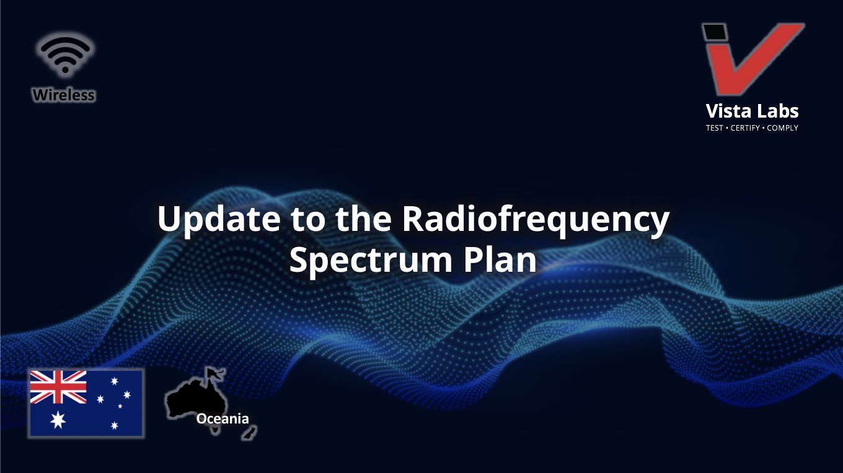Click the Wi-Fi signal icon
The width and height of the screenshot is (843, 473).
coord(66,54)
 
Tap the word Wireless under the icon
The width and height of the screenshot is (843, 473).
coord(64,95)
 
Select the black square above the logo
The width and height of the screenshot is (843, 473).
coord(715,32)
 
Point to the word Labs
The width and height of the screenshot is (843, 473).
coord(777,111)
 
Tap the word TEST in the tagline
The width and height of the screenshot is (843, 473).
coord(714,128)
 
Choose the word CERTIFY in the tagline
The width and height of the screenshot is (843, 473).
coord(745,128)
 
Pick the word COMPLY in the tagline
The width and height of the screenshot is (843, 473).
coord(782,128)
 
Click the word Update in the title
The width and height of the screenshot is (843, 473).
coord(219,220)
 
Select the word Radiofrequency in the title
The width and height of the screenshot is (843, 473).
coord(536,220)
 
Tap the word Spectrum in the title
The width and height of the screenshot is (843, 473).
coord(371,261)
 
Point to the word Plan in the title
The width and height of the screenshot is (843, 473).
coord(500,259)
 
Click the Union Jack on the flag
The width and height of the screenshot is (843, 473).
coord(58,387)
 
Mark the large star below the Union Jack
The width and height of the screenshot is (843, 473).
coord(58,420)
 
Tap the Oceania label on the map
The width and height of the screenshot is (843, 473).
coord(223,419)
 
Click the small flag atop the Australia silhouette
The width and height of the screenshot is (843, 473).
coord(215,373)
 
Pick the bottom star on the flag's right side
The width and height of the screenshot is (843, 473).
coord(115,425)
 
